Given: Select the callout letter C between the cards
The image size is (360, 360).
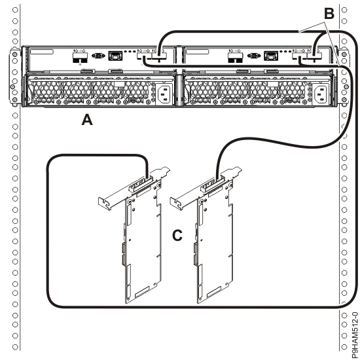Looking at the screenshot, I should (177, 234).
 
